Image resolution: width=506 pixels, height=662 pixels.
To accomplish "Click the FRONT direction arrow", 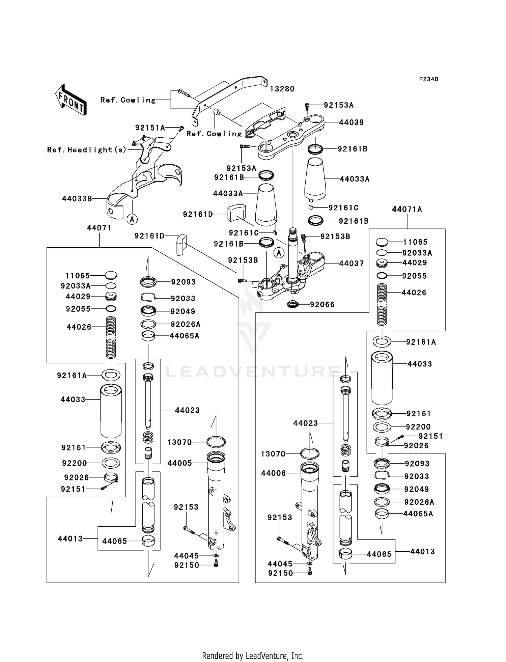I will coord(71,100).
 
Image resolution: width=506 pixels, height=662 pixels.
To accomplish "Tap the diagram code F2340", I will coord(428,79).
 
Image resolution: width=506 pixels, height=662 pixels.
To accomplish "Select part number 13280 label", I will coord(282,89).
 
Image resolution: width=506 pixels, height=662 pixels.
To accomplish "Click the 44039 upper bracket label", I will coord(351,122).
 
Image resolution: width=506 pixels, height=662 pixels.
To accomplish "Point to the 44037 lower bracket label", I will coord(351,264).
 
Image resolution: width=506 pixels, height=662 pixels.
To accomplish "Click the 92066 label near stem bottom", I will coord(322,305).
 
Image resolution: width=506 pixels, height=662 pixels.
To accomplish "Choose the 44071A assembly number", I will coord(407,210).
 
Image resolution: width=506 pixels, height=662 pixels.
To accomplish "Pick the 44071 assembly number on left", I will coord(99,228).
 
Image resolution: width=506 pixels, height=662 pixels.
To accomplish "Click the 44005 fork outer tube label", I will coord(179,463).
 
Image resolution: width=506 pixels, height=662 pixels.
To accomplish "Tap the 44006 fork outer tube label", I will coord(273,473).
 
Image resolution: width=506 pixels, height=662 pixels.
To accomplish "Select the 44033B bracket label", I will coord(77,199).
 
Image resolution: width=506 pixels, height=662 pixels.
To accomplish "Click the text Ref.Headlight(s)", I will coord(87,150).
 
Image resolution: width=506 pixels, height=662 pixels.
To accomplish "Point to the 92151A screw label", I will coord(150,128).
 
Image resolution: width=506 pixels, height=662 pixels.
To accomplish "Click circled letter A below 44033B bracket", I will coord(132,219).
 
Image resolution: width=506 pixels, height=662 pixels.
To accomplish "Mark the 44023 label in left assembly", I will coord(187,410).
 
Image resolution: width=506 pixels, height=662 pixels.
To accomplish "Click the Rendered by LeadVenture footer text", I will coord(253,656).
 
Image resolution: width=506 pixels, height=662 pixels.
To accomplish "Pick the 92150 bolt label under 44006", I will coord(280,573).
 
